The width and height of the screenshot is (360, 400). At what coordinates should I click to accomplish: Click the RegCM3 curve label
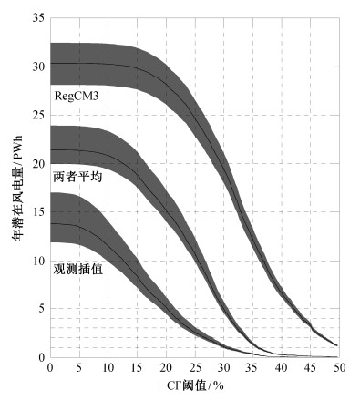pos(77,97)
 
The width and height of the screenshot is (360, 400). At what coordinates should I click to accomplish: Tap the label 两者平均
pos(77,177)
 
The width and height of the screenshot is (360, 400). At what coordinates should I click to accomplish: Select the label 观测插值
pos(78,269)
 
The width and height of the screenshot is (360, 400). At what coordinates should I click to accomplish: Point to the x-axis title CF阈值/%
pos(195,385)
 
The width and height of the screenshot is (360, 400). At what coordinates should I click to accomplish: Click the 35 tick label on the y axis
pos(38,18)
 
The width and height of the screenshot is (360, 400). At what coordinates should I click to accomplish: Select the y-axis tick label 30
pos(38,67)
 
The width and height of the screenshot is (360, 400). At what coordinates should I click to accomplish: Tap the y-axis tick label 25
pos(38,115)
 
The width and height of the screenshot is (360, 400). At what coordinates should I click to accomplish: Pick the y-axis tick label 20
pos(38,164)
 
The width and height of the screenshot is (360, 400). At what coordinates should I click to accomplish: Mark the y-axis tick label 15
pos(38,212)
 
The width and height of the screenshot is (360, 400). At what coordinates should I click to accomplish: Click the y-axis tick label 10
pos(38,261)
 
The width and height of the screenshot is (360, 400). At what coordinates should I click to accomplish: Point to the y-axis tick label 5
pos(42,309)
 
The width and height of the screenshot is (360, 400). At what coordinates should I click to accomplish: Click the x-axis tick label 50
pos(340,368)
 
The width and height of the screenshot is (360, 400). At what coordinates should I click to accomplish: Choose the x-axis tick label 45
pos(311,368)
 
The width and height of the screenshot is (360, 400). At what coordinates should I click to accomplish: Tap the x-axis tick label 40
pos(282,368)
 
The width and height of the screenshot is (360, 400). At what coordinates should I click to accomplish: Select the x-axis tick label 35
pos(252,368)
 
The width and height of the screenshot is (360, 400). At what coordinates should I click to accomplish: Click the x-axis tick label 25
pos(195,368)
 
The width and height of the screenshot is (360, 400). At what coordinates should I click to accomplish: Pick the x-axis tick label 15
pos(137,368)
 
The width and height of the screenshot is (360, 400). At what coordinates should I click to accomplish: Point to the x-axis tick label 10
pos(108,368)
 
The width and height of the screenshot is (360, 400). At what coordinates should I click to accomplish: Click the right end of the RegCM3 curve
pos(337,345)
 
